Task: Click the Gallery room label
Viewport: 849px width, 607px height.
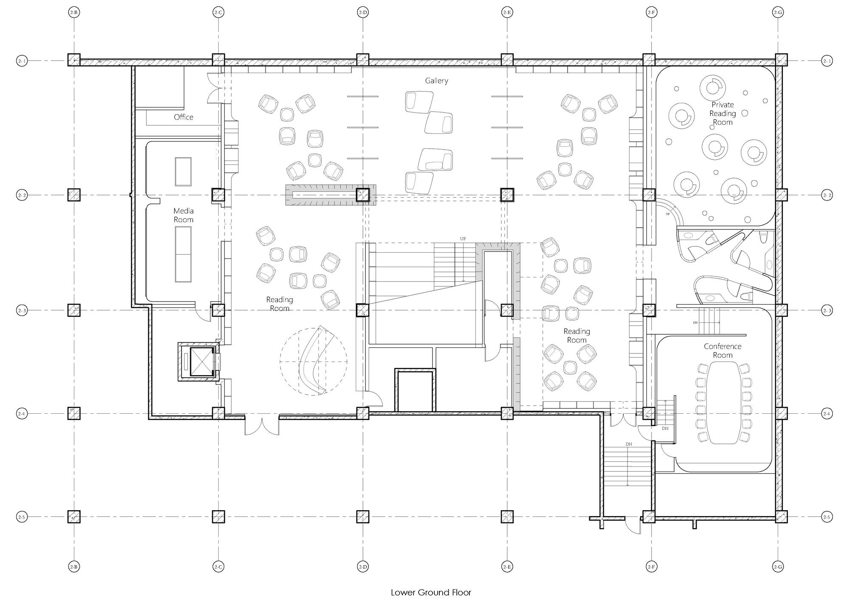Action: [x=436, y=81]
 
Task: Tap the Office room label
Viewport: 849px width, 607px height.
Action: [x=183, y=117]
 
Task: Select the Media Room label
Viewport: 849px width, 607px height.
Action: [x=183, y=215]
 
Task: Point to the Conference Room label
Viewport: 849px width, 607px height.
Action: [x=722, y=351]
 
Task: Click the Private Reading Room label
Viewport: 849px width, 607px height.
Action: [x=722, y=113]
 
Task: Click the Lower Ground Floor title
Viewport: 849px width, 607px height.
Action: [x=431, y=593]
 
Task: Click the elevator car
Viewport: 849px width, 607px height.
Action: [x=201, y=361]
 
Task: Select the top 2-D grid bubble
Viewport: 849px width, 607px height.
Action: [x=363, y=13]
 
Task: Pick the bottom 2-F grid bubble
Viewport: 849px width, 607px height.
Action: [x=651, y=567]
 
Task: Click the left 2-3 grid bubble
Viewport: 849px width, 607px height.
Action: [x=22, y=311]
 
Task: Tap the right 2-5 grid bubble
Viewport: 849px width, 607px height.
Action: [x=827, y=517]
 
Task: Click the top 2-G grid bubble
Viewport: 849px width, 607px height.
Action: [x=778, y=13]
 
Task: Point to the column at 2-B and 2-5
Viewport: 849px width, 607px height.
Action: [x=74, y=517]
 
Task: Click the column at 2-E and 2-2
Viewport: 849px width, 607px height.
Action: [x=507, y=195]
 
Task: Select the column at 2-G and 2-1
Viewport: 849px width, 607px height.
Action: [x=781, y=60]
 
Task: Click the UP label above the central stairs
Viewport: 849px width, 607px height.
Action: [x=463, y=239]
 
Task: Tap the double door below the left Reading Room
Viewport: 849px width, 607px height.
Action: [x=262, y=426]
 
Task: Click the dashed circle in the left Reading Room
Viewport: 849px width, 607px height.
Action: [x=314, y=361]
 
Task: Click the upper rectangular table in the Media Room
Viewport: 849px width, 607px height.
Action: [x=183, y=171]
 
